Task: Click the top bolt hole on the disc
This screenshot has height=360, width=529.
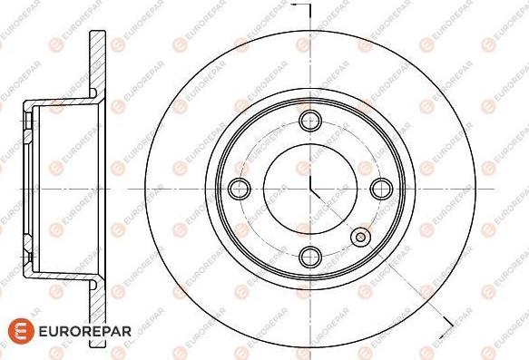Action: coord(310,121)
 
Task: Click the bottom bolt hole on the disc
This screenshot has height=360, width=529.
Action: coord(310,257)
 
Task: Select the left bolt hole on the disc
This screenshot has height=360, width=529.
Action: coord(240,189)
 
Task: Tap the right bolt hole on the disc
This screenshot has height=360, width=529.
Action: coord(382,189)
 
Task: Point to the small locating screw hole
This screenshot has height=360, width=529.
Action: coord(360,237)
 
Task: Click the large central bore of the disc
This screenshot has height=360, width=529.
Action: coord(310,189)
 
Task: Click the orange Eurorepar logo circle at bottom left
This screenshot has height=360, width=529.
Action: coord(21,331)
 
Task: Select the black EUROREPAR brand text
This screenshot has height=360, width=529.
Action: coord(85,331)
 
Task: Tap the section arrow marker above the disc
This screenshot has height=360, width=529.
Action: coord(301,9)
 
